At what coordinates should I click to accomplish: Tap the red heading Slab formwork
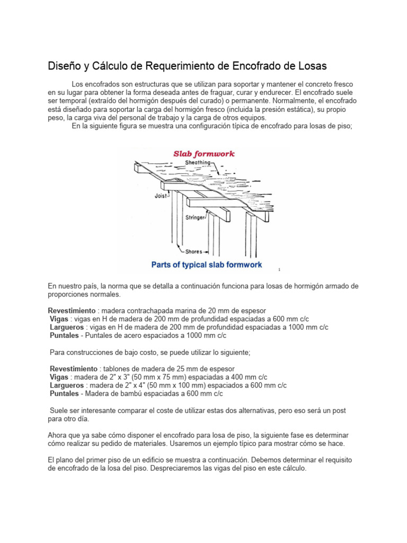[204, 154]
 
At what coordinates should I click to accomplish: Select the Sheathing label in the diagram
[197, 163]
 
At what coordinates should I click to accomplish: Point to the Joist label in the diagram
[161, 195]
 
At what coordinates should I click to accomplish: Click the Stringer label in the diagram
[196, 217]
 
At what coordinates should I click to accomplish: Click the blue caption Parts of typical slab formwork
[206, 265]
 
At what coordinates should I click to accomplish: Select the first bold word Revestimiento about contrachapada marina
[72, 310]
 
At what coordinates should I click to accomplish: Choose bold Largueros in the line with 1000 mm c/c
[67, 327]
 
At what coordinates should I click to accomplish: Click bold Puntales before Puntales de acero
[64, 336]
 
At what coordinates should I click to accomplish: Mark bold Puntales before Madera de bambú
[64, 394]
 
